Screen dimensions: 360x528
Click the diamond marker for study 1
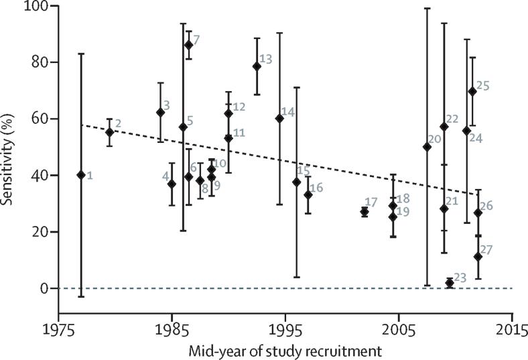point(81,175)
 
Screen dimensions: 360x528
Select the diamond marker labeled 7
point(189,45)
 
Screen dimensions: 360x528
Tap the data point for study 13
point(257,66)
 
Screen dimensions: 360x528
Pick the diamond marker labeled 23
point(450,283)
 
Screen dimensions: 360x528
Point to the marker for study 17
point(365,212)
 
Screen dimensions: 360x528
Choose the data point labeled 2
point(110,132)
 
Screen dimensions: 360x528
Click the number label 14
point(289,112)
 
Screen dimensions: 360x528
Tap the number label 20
point(434,139)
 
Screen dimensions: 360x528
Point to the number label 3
point(167,106)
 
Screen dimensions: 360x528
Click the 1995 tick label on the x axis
point(285,330)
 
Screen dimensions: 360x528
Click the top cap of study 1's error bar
point(81,54)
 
